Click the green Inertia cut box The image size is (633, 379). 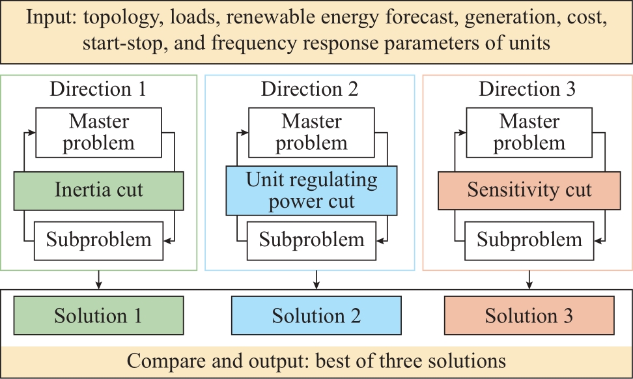click(x=98, y=191)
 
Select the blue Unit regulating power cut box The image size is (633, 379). click(x=311, y=191)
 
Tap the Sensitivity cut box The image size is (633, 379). click(x=529, y=191)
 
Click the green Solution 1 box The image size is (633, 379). click(x=98, y=316)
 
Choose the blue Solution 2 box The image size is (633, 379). click(x=316, y=316)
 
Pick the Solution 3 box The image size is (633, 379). click(x=529, y=316)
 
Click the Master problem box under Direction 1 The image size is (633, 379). click(x=98, y=132)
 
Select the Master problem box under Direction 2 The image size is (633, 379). click(x=311, y=132)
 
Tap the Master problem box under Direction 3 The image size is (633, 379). click(x=529, y=132)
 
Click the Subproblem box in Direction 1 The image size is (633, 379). click(x=98, y=241)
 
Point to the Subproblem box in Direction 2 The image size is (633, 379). click(x=311, y=241)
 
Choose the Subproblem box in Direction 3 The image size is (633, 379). click(x=529, y=241)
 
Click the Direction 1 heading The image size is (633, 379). click(x=98, y=89)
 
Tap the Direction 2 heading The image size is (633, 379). click(x=309, y=89)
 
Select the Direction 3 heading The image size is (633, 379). click(x=527, y=89)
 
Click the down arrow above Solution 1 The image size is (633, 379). click(x=98, y=280)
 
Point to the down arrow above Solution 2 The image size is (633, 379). click(x=316, y=280)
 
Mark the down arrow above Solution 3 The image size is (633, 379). click(x=529, y=280)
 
